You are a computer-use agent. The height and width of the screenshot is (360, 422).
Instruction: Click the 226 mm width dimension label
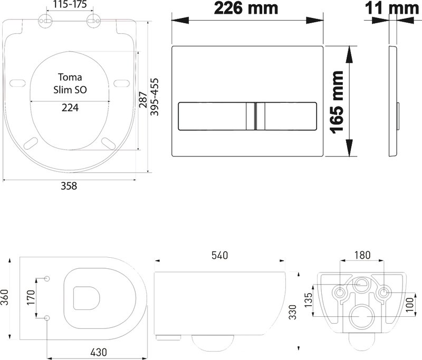click(x=246, y=8)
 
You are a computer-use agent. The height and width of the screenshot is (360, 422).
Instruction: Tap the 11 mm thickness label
click(x=392, y=8)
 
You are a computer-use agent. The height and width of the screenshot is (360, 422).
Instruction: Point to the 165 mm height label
click(x=337, y=102)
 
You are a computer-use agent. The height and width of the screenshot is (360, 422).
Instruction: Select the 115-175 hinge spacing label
click(x=70, y=4)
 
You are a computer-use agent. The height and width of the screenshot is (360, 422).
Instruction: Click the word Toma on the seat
click(x=70, y=77)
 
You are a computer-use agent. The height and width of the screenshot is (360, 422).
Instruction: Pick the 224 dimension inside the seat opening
click(x=70, y=108)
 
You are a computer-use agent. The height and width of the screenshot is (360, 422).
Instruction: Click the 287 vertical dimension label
click(x=143, y=100)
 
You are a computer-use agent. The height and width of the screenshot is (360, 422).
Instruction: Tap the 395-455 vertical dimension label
click(x=154, y=97)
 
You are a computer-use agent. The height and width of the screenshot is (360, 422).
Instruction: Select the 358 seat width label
click(x=69, y=186)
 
